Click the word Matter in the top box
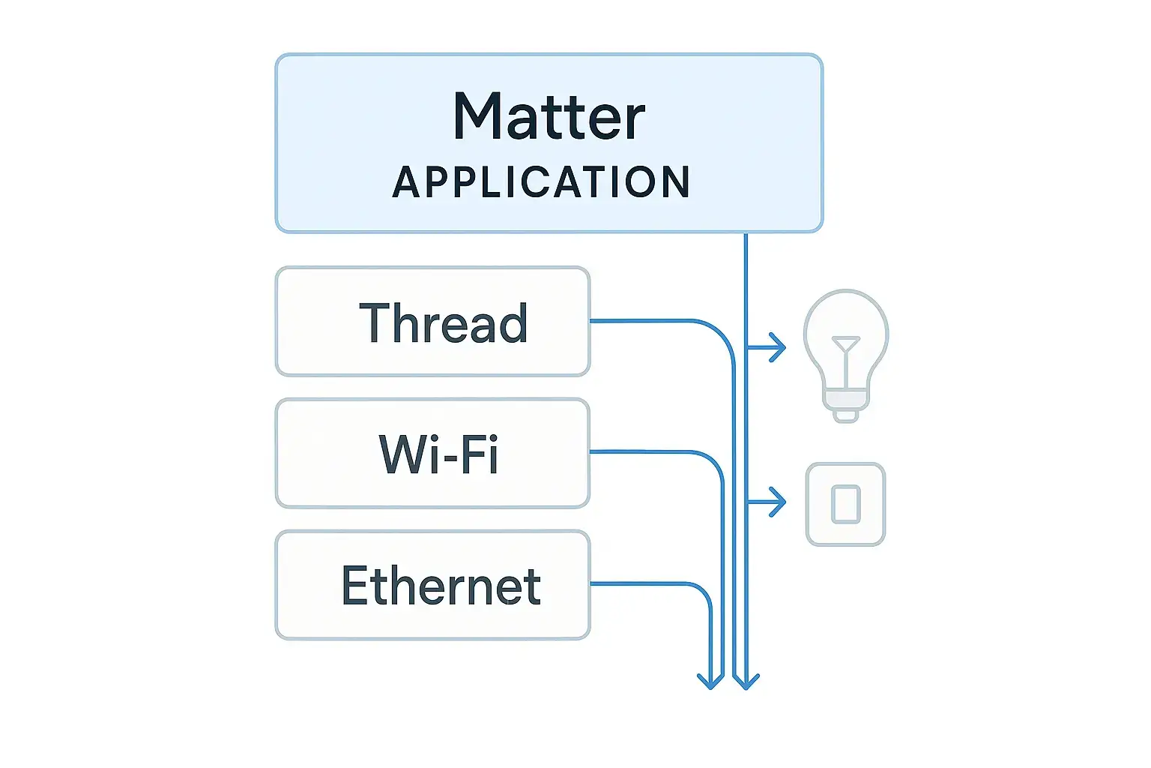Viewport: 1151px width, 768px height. point(549,117)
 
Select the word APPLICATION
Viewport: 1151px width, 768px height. point(541,182)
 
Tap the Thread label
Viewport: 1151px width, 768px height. point(443,323)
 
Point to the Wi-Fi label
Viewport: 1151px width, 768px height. point(438,454)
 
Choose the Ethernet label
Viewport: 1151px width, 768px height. point(441,586)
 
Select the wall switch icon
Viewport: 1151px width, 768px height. point(845,504)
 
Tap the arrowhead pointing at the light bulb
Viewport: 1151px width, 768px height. point(780,348)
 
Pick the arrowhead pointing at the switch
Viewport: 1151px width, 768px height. point(780,502)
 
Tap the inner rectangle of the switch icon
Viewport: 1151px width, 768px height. point(846,504)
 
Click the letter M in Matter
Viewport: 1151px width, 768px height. point(478,117)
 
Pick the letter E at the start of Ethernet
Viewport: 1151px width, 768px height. point(354,586)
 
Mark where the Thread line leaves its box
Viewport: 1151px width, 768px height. point(590,321)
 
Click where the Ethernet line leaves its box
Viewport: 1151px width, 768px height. point(590,583)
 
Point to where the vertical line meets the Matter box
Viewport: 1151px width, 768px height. point(746,232)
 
